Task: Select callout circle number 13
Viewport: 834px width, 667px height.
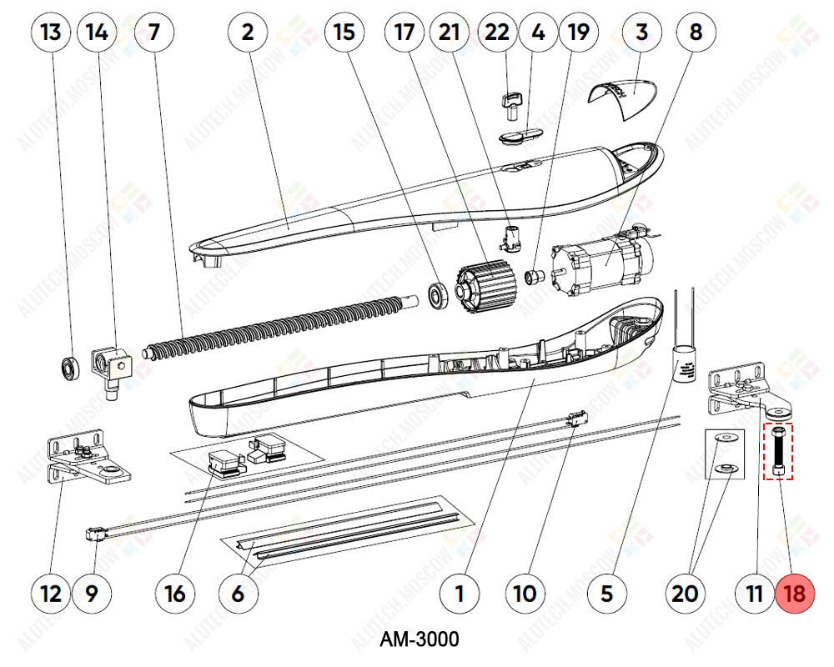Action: point(51,33)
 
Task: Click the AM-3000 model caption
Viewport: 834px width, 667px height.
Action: point(419,639)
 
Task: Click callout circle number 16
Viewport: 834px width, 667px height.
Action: point(175,594)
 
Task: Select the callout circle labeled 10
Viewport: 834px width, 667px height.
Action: point(524,594)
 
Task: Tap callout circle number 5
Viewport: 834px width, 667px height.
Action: point(606,594)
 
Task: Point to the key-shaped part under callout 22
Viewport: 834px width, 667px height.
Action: point(511,103)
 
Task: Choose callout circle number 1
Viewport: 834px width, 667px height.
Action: point(459,594)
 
